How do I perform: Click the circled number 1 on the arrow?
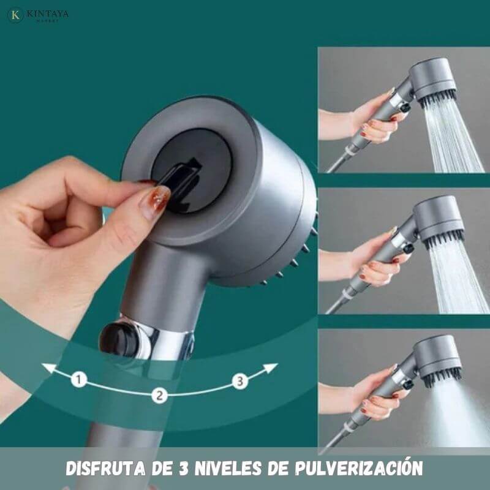tap(78, 379)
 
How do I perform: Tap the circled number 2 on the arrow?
tap(159, 395)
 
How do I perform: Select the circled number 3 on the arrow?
tap(240, 381)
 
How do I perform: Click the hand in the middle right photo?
tap(374, 257)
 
